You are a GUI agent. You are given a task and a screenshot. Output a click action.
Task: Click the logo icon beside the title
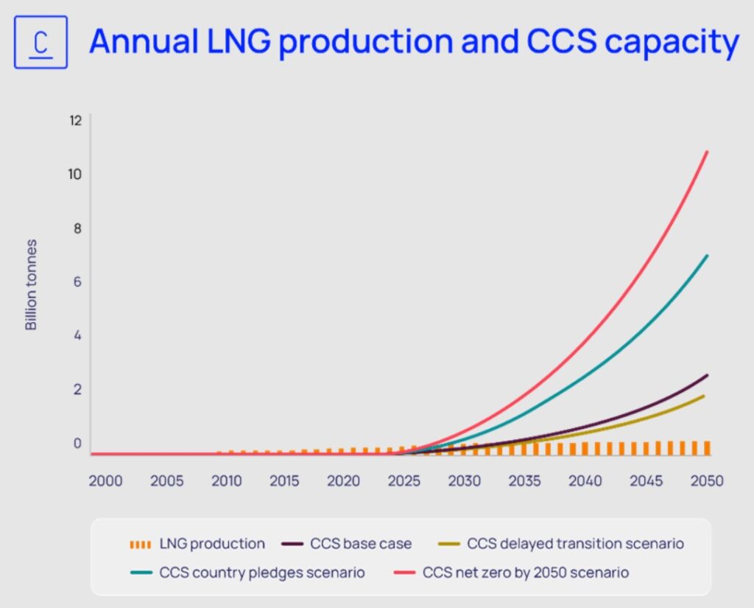41,42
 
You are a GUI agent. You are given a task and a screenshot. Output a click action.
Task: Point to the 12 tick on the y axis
75,120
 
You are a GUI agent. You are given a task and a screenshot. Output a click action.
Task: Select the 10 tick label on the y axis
75,174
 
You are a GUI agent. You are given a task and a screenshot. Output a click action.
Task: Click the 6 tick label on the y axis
76,282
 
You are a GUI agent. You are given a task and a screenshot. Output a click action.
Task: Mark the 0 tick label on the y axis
76,443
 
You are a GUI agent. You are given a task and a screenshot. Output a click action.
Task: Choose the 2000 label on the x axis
105,481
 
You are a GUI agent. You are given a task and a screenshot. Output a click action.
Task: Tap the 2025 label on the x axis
405,481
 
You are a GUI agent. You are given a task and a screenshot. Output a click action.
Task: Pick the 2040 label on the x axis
585,481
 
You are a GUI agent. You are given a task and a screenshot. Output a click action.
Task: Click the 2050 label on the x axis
706,481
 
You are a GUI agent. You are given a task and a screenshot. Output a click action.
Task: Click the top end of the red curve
707,152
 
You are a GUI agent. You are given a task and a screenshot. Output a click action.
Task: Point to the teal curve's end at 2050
708,256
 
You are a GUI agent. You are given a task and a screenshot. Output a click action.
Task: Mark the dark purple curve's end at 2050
707,375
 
